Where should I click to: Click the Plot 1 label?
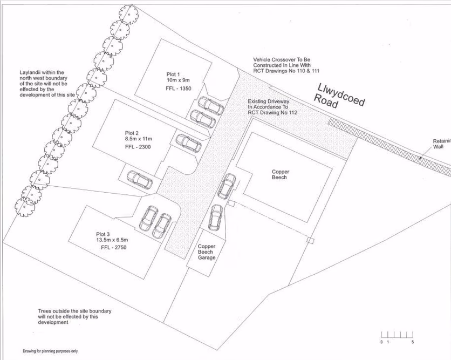tap(174, 74)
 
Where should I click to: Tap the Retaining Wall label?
tap(441, 143)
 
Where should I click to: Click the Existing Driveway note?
tap(272, 107)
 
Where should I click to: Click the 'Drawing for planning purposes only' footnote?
tap(50, 351)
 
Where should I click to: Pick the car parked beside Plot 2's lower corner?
tap(139, 179)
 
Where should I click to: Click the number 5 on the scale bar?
tap(413, 342)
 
